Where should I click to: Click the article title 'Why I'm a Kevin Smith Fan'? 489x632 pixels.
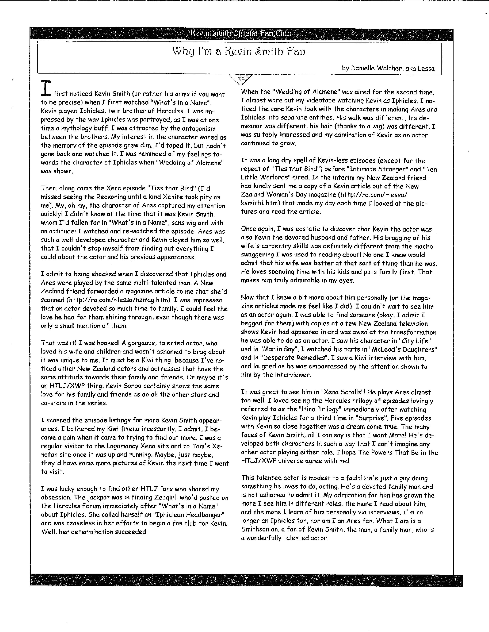(x=239, y=52)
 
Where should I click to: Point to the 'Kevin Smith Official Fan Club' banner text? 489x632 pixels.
(x=241, y=34)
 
